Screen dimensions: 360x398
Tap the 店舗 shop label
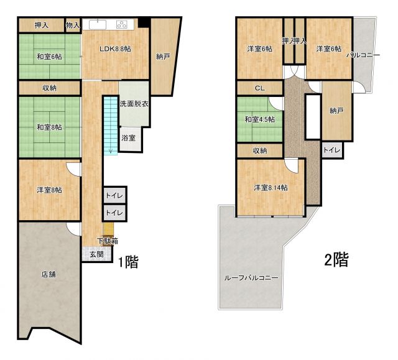(49, 274)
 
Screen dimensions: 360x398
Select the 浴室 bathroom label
(129, 138)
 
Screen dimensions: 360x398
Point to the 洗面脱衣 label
(133, 103)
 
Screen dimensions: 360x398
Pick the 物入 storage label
(73, 25)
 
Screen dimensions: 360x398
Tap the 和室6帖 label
(49, 57)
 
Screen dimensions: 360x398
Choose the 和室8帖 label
(49, 127)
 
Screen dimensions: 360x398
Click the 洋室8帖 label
(49, 190)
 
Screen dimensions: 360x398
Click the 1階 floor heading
(127, 262)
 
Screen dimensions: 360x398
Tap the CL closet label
(260, 88)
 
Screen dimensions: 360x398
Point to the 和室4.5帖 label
(259, 119)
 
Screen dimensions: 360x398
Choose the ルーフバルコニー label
(251, 278)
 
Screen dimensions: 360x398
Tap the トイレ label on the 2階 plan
(331, 150)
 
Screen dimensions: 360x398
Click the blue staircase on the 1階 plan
(110, 124)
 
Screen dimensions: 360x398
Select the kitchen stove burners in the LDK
(121, 25)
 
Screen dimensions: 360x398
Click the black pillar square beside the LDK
(144, 24)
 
